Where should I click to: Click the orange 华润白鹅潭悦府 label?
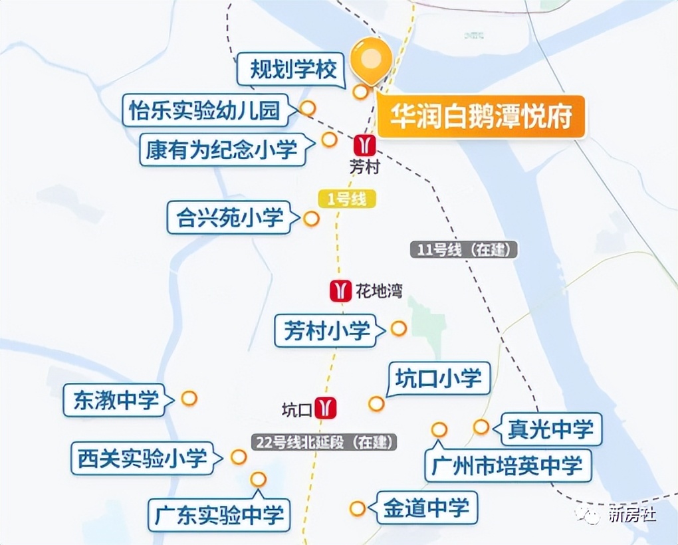[481, 118]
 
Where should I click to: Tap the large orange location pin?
[371, 59]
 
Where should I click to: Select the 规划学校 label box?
[293, 69]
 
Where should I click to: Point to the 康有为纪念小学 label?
[222, 150]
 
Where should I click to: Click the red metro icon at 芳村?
[364, 145]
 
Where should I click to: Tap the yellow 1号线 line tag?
[347, 199]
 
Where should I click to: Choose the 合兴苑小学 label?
[230, 217]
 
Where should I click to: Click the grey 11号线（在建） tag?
[463, 250]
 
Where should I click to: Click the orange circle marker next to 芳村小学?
[398, 328]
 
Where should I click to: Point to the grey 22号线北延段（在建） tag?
[325, 442]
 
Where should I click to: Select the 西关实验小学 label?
[142, 458]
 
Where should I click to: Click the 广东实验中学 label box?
[219, 514]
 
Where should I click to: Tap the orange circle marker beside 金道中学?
[358, 509]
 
